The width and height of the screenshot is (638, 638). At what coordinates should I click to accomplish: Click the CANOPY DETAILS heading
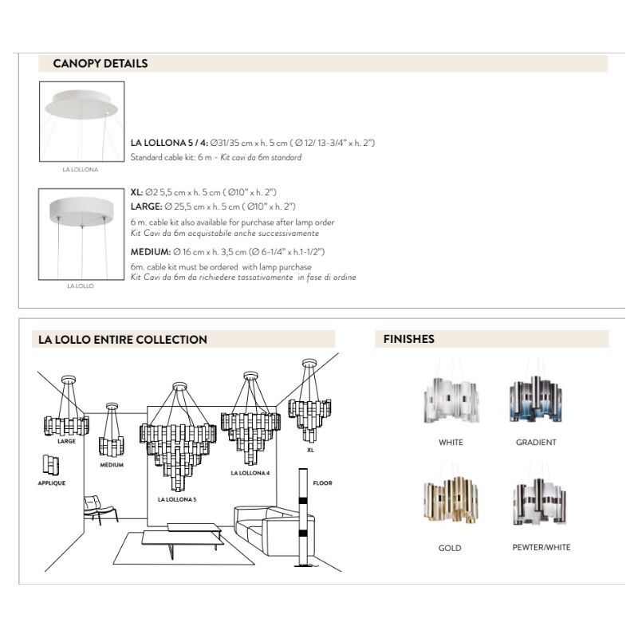pyautogui.click(x=100, y=64)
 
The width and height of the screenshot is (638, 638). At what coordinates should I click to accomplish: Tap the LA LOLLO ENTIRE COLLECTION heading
pyautogui.click(x=123, y=339)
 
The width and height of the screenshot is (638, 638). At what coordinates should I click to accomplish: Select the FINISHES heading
pyautogui.click(x=409, y=339)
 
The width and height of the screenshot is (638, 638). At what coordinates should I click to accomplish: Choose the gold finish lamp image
pyautogui.click(x=450, y=502)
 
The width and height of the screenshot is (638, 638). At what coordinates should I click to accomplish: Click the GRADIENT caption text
pyautogui.click(x=536, y=443)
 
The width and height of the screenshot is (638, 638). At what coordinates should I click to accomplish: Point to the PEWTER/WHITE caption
pyautogui.click(x=541, y=548)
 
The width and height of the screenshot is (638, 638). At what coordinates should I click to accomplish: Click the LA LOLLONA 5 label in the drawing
pyautogui.click(x=176, y=499)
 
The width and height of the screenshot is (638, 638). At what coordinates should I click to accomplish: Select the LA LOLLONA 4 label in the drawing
pyautogui.click(x=250, y=473)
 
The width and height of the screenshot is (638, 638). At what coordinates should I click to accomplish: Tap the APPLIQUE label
pyautogui.click(x=52, y=483)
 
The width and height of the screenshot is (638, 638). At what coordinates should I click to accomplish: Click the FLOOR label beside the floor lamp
pyautogui.click(x=322, y=483)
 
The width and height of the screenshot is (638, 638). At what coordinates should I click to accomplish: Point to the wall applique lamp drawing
pyautogui.click(x=50, y=464)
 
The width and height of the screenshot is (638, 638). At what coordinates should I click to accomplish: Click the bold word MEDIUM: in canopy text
pyautogui.click(x=150, y=251)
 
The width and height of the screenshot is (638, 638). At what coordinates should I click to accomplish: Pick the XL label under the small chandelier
pyautogui.click(x=310, y=450)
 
